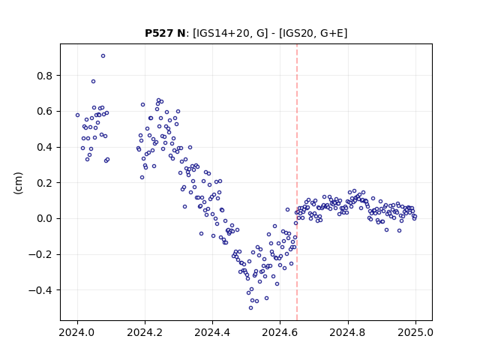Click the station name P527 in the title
point(160,33)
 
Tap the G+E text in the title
point(331,33)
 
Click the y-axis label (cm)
point(18,183)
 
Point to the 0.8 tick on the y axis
point(45,76)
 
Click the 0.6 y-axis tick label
point(45,112)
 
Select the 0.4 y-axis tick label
point(45,147)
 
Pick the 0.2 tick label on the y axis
point(45,183)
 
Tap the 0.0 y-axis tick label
point(45,218)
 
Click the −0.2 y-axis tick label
point(40,254)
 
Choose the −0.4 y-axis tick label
point(40,290)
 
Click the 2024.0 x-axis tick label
point(77,332)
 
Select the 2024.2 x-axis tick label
point(145,332)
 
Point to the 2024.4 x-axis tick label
point(212,332)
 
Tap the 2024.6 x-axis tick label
point(280,332)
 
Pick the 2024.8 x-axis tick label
point(348,332)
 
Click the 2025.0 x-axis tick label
point(415,332)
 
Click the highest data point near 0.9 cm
point(103,56)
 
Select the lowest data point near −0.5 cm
point(250,308)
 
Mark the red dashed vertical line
point(297,182)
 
